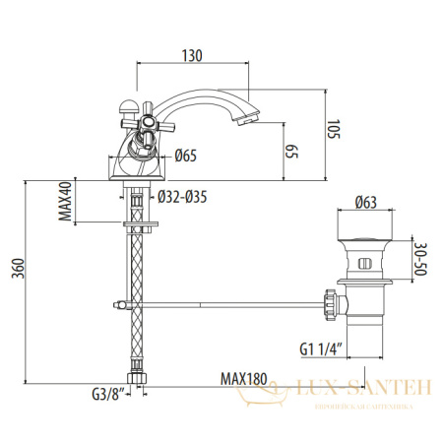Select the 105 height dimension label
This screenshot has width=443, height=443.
[x=334, y=129]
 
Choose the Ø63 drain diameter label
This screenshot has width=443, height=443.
[x=366, y=204]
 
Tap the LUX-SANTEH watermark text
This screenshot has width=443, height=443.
[x=359, y=391]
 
